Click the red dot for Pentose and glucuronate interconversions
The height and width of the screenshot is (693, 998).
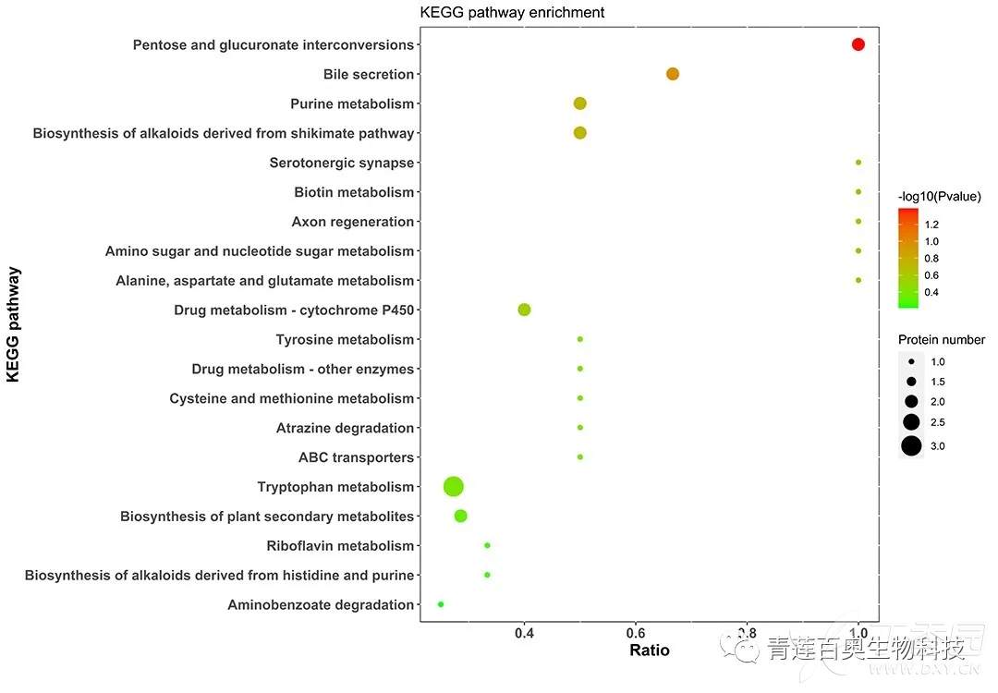[858, 44]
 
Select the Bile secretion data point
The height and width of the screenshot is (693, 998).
[673, 74]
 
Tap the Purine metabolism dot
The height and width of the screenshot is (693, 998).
[579, 103]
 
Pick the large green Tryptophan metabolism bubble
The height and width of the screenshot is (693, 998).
[453, 487]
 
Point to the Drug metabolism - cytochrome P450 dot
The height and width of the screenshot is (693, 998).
[524, 310]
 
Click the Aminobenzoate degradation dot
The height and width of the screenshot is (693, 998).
[441, 604]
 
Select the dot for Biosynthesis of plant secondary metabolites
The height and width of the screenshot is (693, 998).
[460, 516]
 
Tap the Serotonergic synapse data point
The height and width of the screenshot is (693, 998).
[858, 163]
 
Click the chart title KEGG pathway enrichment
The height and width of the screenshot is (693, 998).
[512, 13]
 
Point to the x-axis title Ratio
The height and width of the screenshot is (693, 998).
[650, 650]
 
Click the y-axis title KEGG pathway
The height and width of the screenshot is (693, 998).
[13, 324]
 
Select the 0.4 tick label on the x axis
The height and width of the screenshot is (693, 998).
[524, 633]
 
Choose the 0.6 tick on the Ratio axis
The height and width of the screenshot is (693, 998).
[636, 633]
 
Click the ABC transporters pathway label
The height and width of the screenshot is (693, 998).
[356, 457]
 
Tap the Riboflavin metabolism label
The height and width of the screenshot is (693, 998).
[340, 546]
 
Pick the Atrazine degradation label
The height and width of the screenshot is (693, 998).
[345, 428]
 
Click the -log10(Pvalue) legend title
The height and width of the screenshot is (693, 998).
[939, 196]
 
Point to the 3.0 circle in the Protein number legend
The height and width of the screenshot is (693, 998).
[911, 446]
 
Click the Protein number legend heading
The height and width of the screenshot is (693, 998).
[942, 339]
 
